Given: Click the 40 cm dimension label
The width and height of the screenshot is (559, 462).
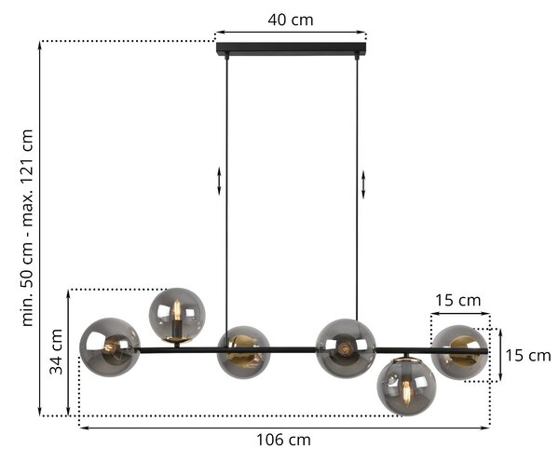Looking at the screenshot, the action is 291,20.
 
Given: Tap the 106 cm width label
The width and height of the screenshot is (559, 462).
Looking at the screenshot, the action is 283,440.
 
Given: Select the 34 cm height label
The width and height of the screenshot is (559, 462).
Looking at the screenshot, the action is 56,351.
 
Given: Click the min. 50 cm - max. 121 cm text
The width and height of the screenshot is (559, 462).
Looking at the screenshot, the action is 27,228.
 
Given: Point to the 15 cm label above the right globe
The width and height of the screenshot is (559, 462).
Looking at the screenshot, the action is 457,300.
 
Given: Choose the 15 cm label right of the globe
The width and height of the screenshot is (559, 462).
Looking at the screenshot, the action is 528,356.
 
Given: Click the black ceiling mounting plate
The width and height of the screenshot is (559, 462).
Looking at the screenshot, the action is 292,48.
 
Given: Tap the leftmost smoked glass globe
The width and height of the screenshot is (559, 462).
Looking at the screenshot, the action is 109,346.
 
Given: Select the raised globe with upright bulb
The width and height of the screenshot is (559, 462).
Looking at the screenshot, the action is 177,316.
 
